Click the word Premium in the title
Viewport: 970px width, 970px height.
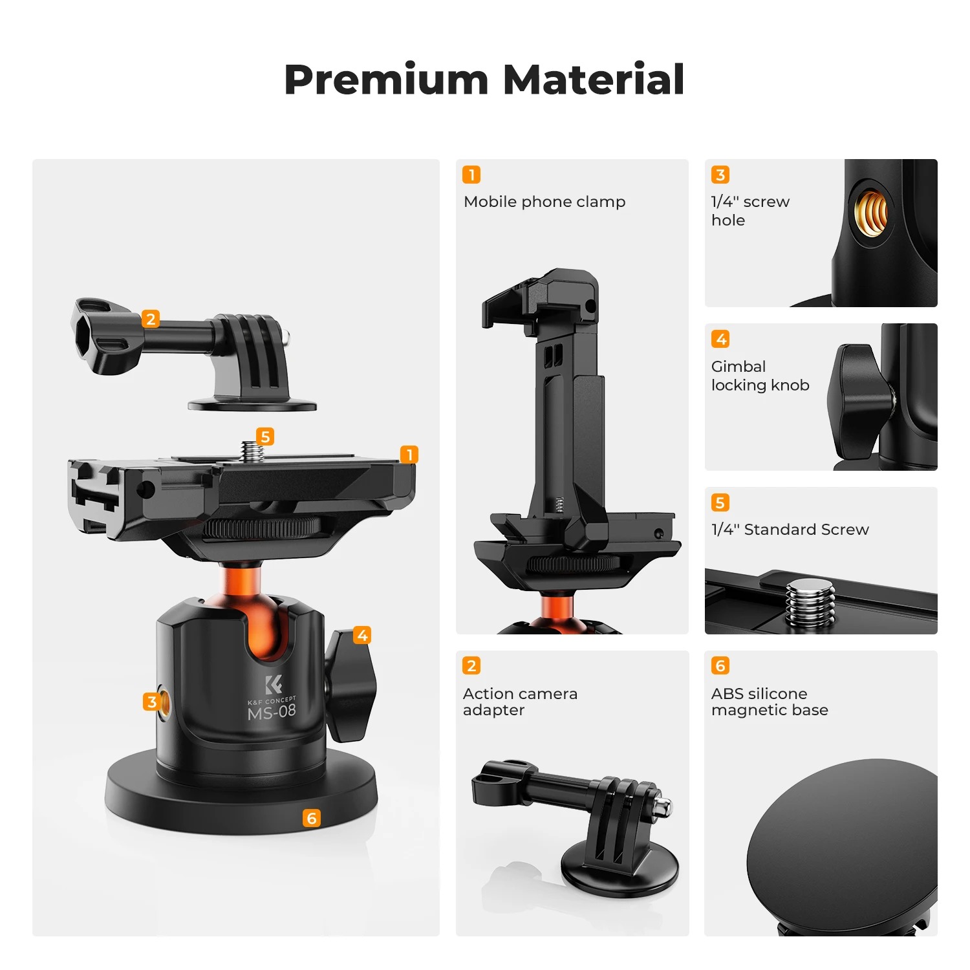386,80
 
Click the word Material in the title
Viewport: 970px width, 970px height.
593,80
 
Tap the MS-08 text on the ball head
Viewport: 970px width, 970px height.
272,712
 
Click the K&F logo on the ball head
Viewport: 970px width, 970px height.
273,684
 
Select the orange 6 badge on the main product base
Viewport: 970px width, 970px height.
312,819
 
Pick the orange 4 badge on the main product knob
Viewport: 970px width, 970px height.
362,635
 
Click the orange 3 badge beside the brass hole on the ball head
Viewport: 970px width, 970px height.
151,702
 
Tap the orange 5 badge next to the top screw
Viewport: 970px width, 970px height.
264,436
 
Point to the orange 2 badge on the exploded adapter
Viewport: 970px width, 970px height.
151,319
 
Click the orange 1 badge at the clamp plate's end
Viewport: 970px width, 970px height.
409,455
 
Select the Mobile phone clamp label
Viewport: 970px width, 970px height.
544,202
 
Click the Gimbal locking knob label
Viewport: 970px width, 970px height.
760,376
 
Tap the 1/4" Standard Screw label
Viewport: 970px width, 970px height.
790,530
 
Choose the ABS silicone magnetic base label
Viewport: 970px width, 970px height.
770,702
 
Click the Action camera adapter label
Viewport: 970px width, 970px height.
520,702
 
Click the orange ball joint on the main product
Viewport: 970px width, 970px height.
259,621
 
